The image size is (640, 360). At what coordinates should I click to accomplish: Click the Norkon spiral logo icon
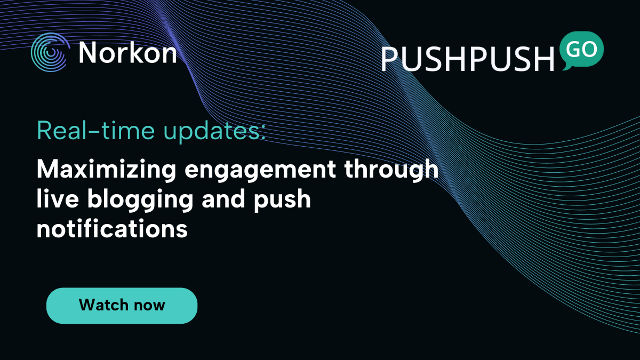tap(50, 52)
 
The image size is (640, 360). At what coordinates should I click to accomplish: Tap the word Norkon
tap(127, 53)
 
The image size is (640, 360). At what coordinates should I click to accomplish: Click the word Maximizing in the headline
tap(106, 170)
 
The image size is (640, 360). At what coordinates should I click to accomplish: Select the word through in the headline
tap(391, 170)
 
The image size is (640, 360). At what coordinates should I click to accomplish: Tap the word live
tap(58, 198)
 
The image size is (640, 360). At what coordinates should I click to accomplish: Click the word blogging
tap(140, 200)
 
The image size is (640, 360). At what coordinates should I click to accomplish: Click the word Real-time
tap(95, 130)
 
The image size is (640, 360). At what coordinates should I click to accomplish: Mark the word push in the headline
tap(282, 200)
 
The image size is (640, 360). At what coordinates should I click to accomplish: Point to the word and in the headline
tap(223, 198)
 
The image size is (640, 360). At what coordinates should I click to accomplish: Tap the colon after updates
tap(263, 133)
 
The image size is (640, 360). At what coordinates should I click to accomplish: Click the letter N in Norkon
tap(87, 53)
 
